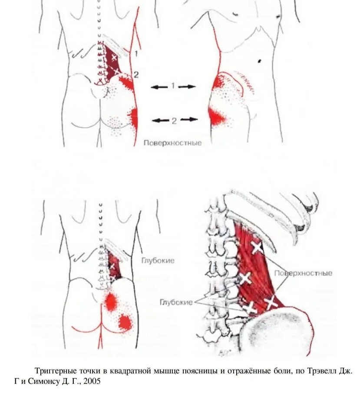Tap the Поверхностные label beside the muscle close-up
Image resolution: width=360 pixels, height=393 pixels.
point(304,273)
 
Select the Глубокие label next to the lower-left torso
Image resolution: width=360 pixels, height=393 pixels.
point(158,261)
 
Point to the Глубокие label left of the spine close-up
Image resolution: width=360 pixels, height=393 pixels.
point(175,302)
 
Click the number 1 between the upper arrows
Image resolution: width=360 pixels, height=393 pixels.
point(173,86)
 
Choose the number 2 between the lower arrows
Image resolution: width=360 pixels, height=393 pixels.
point(174,121)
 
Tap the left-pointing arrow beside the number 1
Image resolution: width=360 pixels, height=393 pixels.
point(159,87)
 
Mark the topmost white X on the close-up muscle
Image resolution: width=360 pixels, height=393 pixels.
point(257,248)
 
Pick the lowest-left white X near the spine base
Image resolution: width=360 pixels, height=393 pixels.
point(249,308)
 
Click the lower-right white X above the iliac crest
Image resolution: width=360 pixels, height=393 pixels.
point(271,302)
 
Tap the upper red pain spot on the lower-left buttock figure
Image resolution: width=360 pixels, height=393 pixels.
point(111,301)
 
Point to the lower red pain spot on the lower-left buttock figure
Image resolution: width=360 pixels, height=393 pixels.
point(125,321)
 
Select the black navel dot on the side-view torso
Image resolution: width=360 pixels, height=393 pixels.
point(260,59)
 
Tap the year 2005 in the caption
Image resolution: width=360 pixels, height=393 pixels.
point(92,381)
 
